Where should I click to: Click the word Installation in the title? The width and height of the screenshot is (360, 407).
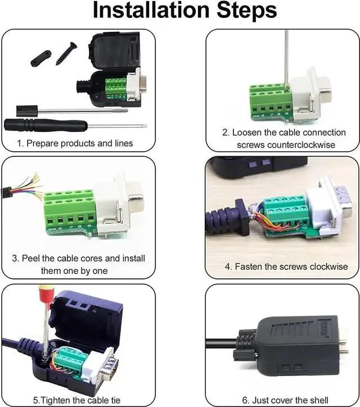pyautogui.click(x=151, y=10)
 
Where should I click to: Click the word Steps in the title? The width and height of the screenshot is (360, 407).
pyautogui.click(x=247, y=11)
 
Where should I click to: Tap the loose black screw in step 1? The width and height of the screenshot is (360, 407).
pyautogui.click(x=66, y=53)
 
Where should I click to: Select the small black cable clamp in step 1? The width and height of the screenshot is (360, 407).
pyautogui.click(x=41, y=58)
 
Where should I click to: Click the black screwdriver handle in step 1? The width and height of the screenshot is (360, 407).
pyautogui.click(x=46, y=125)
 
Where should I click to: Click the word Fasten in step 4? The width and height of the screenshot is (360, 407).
pyautogui.click(x=248, y=266)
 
